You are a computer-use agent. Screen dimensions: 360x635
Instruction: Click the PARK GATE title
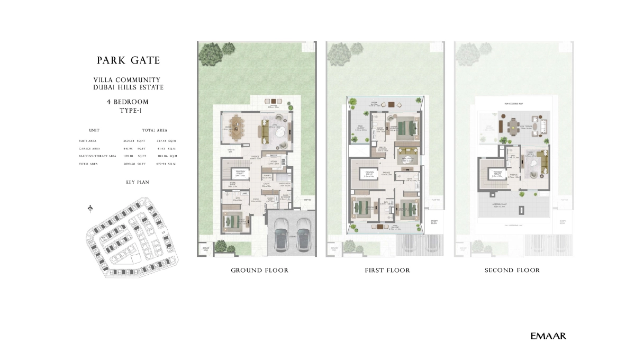point(128,60)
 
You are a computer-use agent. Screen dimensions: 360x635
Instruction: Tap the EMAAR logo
point(548,336)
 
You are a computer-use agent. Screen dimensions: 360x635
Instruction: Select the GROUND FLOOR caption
point(259,271)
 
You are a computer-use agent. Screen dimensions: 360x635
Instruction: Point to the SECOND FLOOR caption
point(512,271)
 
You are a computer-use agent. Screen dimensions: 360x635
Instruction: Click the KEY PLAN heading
point(128,182)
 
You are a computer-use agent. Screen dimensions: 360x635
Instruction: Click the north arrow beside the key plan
point(90,208)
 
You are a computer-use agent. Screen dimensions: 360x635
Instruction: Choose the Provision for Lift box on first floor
point(370,175)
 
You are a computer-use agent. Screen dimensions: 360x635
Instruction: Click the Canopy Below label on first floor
point(435,222)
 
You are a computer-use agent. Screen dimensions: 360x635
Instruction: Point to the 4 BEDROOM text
point(128,102)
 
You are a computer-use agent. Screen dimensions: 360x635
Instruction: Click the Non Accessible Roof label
point(513,104)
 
